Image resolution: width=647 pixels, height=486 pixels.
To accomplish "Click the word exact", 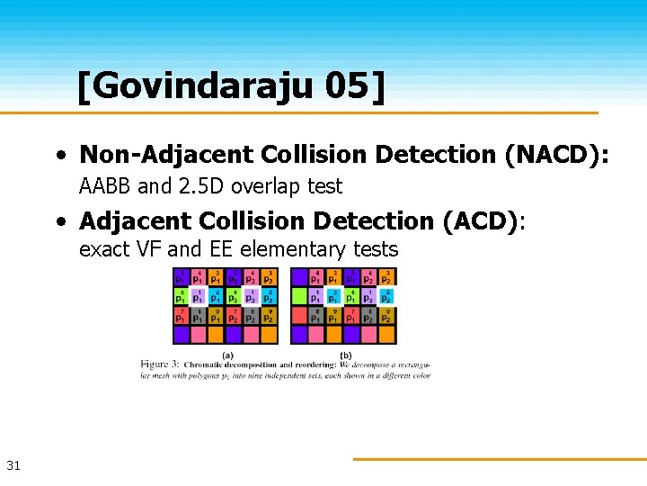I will [x=104, y=249].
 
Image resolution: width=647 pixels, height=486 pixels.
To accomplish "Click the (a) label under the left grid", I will [x=227, y=355].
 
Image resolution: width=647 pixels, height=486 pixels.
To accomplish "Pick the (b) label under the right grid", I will [x=346, y=355].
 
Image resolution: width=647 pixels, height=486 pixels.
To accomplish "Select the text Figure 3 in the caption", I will [x=162, y=364].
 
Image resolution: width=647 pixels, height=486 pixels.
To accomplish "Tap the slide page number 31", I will [x=13, y=465].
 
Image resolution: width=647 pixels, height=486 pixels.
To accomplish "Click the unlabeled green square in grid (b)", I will [x=299, y=295].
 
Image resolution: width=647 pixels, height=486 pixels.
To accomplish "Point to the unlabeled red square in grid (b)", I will [x=299, y=315].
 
